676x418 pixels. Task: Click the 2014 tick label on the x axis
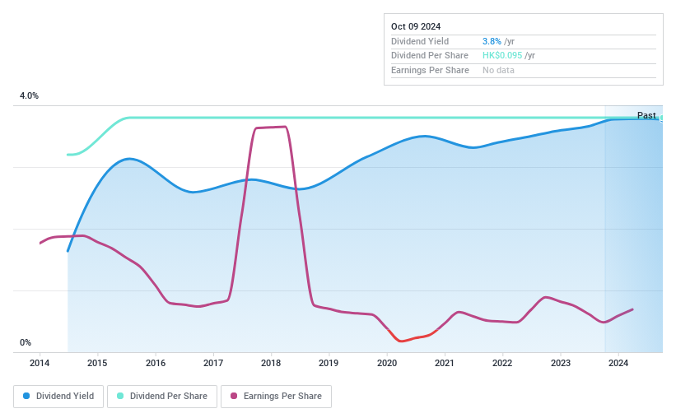[x=40, y=363]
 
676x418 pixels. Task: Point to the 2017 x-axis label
[x=213, y=363]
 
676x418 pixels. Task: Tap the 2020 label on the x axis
[x=386, y=363]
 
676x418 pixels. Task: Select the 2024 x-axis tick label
[x=618, y=363]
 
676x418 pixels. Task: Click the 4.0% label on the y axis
[x=29, y=96]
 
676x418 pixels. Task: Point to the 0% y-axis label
[x=26, y=343]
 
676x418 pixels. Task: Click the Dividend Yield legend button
[x=58, y=396]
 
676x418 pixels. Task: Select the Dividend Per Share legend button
[x=161, y=396]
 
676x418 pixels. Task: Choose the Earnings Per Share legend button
[x=276, y=396]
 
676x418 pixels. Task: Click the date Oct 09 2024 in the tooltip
[x=416, y=26]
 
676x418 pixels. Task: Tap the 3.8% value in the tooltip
[x=492, y=41]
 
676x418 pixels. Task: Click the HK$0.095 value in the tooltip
[x=502, y=56]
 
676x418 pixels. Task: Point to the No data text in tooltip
[x=499, y=71]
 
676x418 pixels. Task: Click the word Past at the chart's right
[x=646, y=115]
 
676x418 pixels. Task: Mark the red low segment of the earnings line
[x=408, y=338]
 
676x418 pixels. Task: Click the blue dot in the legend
[x=26, y=396]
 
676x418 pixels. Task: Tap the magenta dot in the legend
[x=234, y=396]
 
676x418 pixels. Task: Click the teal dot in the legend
[x=120, y=396]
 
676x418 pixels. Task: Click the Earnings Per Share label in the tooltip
[x=430, y=71]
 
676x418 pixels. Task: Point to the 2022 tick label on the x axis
[x=502, y=363]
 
